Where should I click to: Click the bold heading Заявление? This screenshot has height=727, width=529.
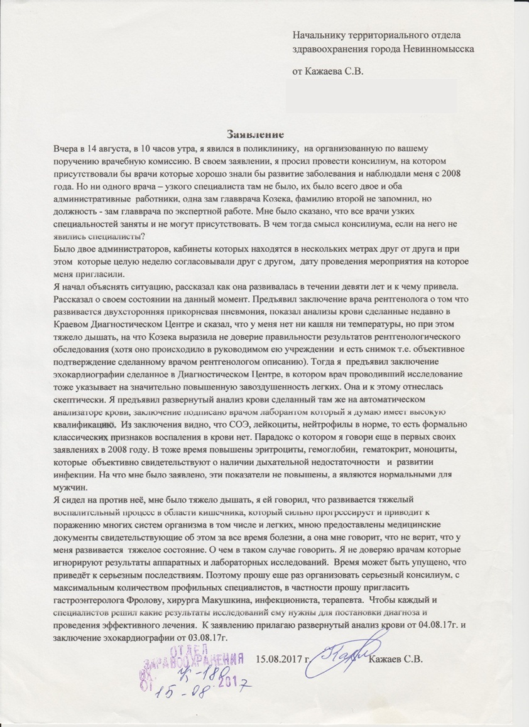(256, 134)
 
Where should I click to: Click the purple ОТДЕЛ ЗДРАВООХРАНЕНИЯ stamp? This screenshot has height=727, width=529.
(191, 665)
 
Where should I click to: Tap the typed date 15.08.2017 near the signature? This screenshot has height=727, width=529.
(284, 659)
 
